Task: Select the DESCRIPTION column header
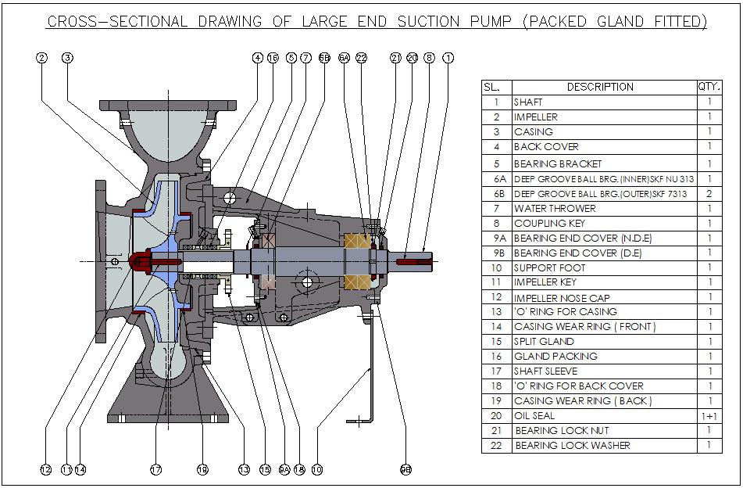[x=600, y=87]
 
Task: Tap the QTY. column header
[x=709, y=87]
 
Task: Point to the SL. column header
[x=496, y=87]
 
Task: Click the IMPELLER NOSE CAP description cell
[x=561, y=297]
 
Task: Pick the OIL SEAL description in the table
[x=534, y=416]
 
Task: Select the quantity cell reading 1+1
[x=709, y=416]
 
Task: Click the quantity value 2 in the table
[x=709, y=193]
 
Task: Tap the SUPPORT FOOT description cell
[x=549, y=267]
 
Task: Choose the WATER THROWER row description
[x=555, y=208]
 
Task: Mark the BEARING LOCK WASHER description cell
[x=572, y=446]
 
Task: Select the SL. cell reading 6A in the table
[x=496, y=179]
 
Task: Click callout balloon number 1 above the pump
[x=447, y=57]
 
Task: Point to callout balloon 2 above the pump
[x=41, y=57]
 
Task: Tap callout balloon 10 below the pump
[x=316, y=469]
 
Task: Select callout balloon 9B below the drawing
[x=405, y=469]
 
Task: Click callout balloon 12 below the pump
[x=45, y=469]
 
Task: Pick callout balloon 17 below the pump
[x=155, y=469]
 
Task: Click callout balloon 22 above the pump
[x=361, y=57]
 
